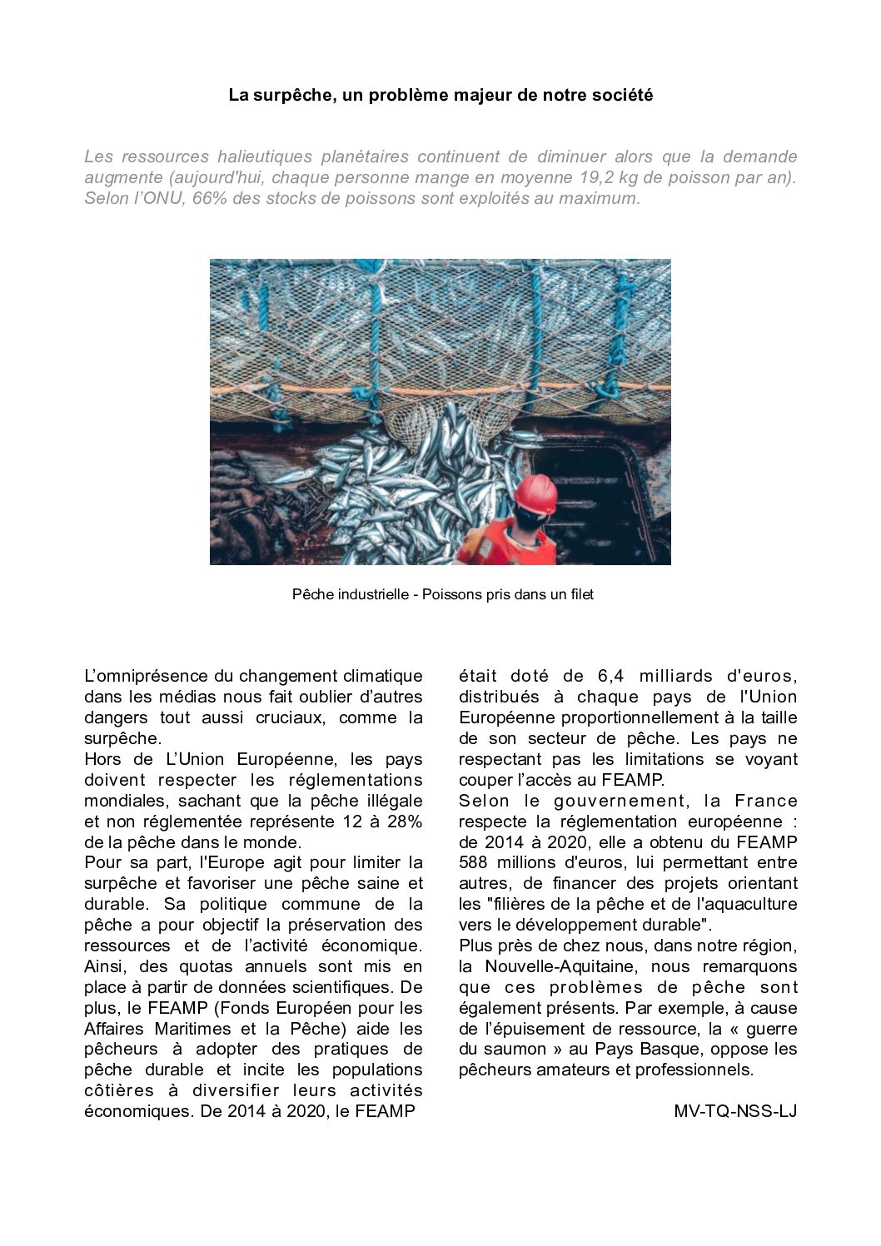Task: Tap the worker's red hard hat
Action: [x=535, y=494]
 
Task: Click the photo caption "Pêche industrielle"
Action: [x=350, y=594]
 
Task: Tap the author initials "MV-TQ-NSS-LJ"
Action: [x=735, y=1111]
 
